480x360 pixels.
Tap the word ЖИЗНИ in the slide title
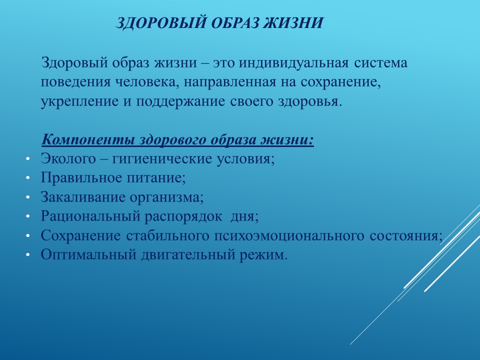(x=293, y=23)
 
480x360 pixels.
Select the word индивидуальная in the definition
(x=293, y=63)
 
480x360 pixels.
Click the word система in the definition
(x=381, y=63)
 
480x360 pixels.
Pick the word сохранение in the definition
(x=340, y=82)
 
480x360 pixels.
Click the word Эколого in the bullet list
(x=68, y=158)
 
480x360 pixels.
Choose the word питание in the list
(x=156, y=178)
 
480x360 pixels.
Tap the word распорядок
(x=183, y=216)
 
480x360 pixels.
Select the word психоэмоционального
(x=288, y=235)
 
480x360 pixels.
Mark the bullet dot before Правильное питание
(x=28, y=178)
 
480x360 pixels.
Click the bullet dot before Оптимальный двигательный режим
(x=28, y=255)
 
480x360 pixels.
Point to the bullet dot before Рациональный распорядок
(x=28, y=216)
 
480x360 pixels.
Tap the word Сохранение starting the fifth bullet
(x=81, y=235)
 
